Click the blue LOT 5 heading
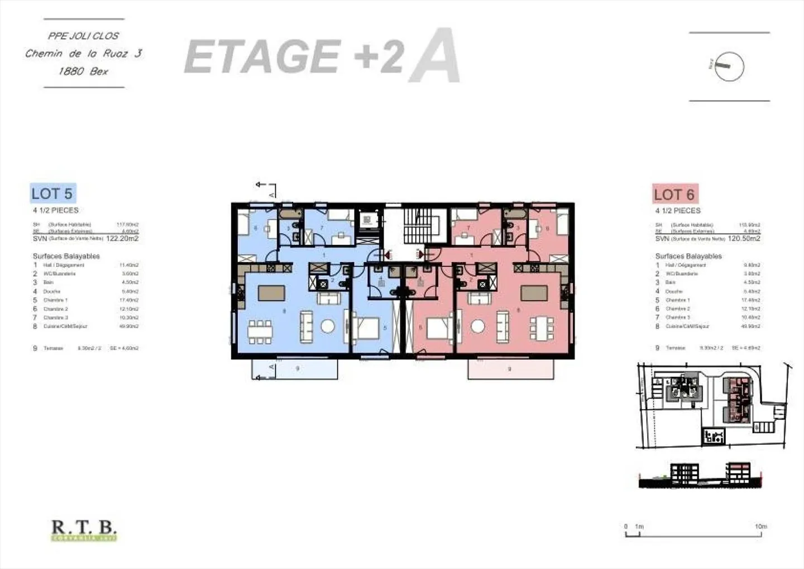52,193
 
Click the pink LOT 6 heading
674,195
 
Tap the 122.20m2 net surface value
122,238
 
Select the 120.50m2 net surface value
744,238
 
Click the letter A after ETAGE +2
434,56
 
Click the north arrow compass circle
729,67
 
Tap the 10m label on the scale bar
760,527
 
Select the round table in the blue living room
327,326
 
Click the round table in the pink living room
477,326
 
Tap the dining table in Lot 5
260,331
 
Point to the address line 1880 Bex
83,71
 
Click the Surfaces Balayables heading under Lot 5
66,256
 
